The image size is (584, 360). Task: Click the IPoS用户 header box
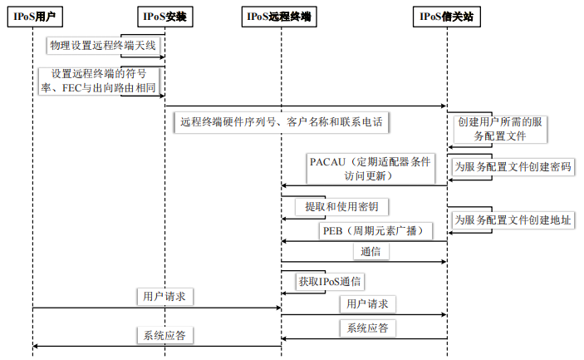tap(32, 16)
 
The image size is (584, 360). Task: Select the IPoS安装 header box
tap(164, 16)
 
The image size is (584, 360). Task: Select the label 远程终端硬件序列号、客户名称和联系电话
tap(282, 122)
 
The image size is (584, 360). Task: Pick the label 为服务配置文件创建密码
tap(512, 166)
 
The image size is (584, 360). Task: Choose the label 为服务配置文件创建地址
tap(512, 220)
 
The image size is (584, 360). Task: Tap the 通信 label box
tap(366, 251)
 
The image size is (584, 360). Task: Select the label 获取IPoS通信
tap(332, 282)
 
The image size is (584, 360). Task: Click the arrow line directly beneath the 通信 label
tap(366, 262)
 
